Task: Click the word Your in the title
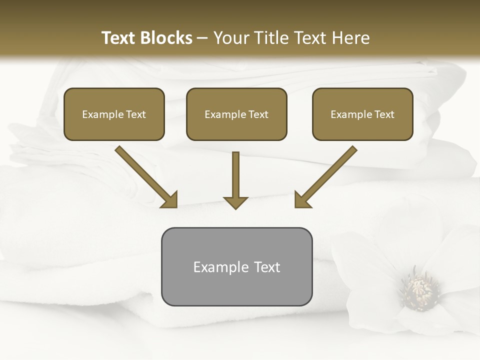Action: tap(230, 38)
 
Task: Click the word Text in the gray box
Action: tap(266, 267)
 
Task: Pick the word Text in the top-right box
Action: tap(384, 114)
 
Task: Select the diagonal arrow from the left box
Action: tap(145, 175)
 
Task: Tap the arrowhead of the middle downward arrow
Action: tap(235, 202)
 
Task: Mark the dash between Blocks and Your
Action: tap(202, 38)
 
